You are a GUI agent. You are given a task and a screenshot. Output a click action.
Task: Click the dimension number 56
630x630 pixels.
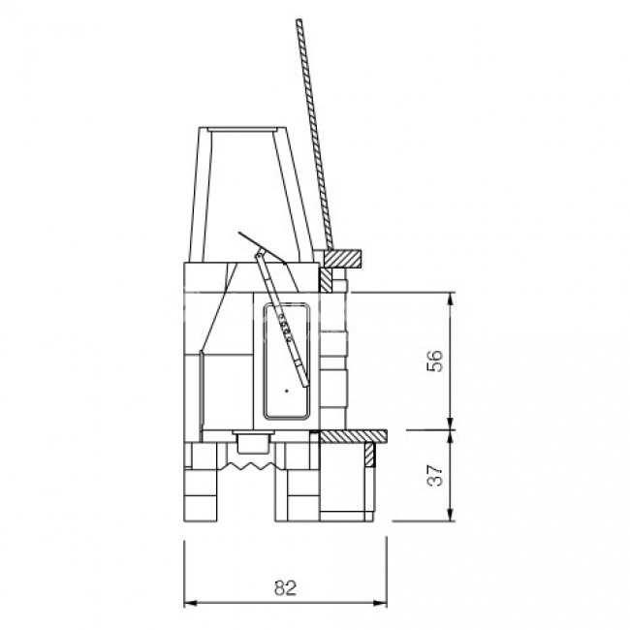click(436, 362)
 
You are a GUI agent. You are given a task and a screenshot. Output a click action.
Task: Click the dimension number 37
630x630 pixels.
click(436, 476)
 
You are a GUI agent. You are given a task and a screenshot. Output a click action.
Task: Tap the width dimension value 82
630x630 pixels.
click(286, 587)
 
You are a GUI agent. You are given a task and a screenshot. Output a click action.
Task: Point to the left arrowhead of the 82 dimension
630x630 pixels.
click(190, 603)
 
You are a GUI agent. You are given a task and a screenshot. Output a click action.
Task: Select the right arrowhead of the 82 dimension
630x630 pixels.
click(381, 603)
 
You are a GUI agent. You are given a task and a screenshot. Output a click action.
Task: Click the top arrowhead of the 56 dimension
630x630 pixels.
click(450, 299)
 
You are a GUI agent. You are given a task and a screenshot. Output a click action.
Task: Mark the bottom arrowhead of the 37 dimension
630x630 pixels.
click(450, 515)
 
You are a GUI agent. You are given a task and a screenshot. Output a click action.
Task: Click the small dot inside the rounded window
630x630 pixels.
click(287, 391)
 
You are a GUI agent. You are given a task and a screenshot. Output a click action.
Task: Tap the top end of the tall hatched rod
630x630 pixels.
click(299, 20)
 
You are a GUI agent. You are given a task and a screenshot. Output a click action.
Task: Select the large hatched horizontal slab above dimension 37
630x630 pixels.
click(353, 436)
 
